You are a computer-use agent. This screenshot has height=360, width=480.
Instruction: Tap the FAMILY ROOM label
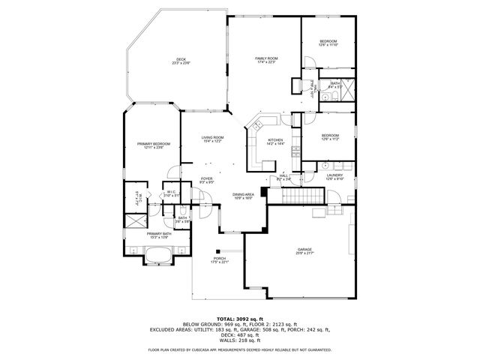coord(266,58)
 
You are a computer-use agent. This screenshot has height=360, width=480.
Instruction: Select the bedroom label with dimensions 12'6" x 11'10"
coord(329,41)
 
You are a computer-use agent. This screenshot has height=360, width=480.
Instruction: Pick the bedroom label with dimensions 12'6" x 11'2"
coord(330,136)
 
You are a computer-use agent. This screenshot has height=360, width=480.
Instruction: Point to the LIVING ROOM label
coord(212,138)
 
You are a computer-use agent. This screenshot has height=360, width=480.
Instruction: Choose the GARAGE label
coord(304,250)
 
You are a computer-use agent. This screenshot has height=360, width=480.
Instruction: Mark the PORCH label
coord(220,259)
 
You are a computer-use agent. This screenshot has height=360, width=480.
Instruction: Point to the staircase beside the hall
coord(303,196)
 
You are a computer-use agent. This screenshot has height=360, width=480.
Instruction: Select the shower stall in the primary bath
coord(135,222)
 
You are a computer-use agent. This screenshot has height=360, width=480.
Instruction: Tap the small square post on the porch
coord(217,250)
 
